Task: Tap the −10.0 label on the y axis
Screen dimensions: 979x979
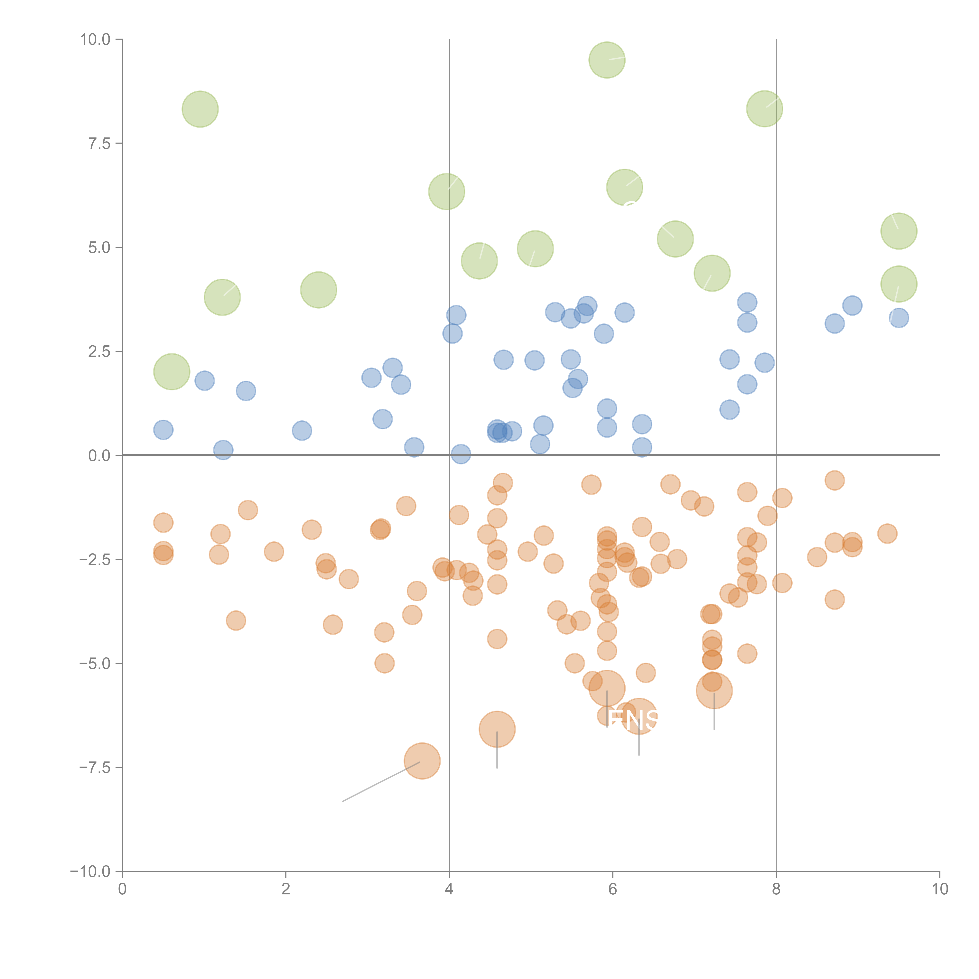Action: [90, 872]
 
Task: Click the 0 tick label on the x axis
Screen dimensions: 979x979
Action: [122, 889]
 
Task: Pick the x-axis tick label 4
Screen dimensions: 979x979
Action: [449, 889]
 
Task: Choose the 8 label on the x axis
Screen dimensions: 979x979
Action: [776, 889]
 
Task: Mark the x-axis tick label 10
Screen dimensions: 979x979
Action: [939, 889]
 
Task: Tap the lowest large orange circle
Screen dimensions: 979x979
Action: [422, 761]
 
